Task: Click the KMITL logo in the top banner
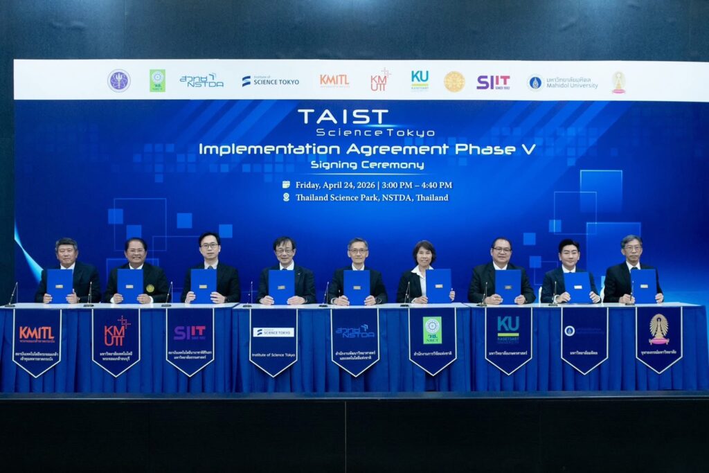point(334,80)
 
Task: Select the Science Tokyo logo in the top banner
point(271,81)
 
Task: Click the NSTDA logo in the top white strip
point(201,80)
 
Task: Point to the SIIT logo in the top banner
point(493,82)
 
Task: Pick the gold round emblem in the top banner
point(454,82)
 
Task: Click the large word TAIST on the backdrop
point(343,116)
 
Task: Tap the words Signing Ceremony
point(367,165)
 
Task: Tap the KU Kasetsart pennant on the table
point(508,339)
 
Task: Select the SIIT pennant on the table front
point(190,340)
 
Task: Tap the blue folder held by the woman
point(438,285)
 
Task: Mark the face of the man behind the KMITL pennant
point(66,253)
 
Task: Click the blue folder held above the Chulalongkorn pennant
point(643,285)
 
